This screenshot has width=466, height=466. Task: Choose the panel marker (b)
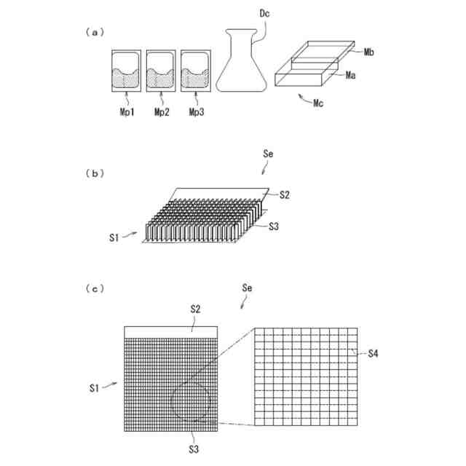pyautogui.click(x=95, y=173)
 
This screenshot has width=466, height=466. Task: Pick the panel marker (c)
pyautogui.click(x=95, y=288)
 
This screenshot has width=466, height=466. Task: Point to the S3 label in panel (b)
pyautogui.click(x=274, y=226)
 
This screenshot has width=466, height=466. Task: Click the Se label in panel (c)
pyautogui.click(x=248, y=289)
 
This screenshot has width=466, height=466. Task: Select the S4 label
pyautogui.click(x=373, y=353)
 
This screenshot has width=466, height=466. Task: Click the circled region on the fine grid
pyautogui.click(x=191, y=400)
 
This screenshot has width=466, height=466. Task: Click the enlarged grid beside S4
pyautogui.click(x=306, y=376)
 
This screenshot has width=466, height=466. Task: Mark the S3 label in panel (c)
pyautogui.click(x=194, y=449)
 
